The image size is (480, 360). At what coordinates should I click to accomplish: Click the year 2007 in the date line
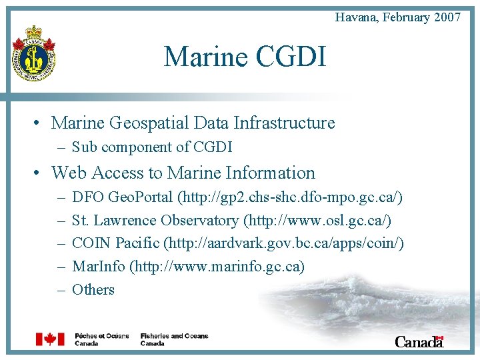click(447, 17)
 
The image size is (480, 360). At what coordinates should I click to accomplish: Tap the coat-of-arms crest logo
click(33, 54)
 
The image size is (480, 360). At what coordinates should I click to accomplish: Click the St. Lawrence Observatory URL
click(317, 221)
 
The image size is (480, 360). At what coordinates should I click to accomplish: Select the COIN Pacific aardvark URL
click(284, 243)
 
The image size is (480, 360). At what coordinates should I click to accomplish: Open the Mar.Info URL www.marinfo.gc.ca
click(217, 267)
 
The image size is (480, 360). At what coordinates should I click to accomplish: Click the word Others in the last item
click(93, 289)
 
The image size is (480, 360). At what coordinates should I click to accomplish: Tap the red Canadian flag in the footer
click(50, 339)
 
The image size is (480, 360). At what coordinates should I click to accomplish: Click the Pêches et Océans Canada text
click(101, 339)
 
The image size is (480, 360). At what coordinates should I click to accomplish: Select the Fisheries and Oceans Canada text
click(174, 339)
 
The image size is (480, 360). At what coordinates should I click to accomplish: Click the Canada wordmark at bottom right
click(419, 341)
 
